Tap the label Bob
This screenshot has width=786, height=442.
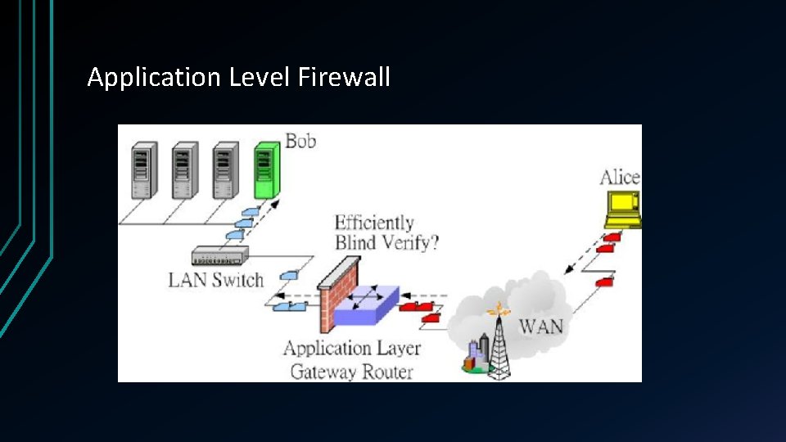(300, 141)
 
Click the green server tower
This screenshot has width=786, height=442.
(266, 169)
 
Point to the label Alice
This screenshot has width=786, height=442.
(620, 178)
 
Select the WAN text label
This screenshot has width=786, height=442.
(541, 327)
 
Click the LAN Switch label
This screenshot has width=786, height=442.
(215, 280)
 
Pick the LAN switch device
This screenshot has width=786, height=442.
(219, 256)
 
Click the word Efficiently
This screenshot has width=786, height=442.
(374, 223)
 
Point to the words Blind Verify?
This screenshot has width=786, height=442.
(386, 242)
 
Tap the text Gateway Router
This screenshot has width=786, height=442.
(352, 371)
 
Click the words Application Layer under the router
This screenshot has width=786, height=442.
(352, 349)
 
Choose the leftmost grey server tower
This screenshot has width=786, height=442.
(143, 169)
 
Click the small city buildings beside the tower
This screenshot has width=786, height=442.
(475, 355)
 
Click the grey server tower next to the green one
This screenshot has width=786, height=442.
(225, 169)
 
